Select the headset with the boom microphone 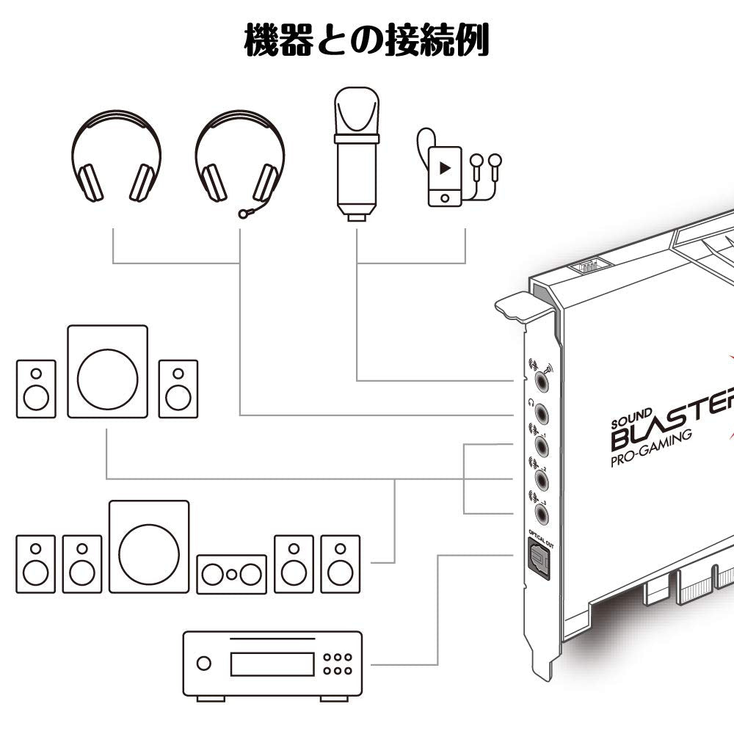point(239,157)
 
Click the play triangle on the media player point(444,167)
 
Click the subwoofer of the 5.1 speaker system point(149,546)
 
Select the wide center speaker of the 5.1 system point(231,573)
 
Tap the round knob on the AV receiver point(203,664)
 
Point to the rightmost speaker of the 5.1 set point(340,563)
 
